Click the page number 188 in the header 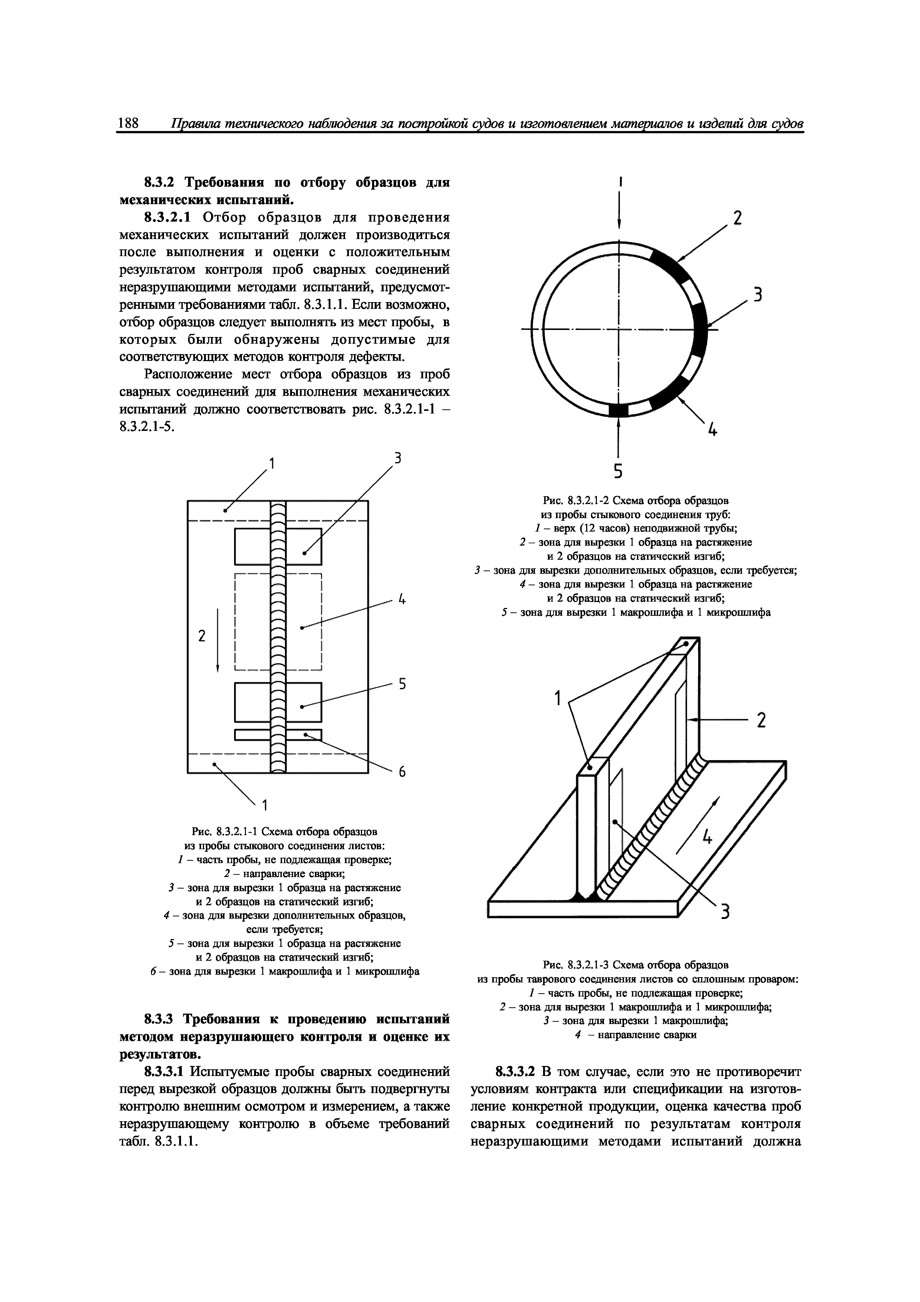(128, 123)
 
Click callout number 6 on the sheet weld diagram (401, 772)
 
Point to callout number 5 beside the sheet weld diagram (402, 684)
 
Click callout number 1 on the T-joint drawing (558, 699)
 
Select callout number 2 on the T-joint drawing (761, 721)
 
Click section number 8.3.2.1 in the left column (170, 218)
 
